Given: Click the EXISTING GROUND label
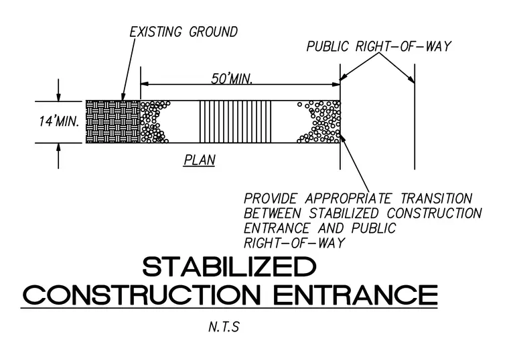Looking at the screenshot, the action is click(184, 32).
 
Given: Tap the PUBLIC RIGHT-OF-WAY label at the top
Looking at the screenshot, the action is click(379, 46).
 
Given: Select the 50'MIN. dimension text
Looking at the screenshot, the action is click(232, 79).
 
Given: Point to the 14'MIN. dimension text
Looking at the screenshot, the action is click(59, 121).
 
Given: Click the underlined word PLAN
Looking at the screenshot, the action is click(200, 160).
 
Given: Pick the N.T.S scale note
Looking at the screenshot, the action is click(224, 327).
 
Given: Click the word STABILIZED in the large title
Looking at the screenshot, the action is click(229, 266).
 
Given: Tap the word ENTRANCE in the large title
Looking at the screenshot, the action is click(356, 295).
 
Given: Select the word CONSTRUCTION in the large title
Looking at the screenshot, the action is click(142, 295).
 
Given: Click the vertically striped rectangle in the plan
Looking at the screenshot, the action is click(235, 121).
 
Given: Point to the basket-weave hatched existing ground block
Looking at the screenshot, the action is click(113, 121).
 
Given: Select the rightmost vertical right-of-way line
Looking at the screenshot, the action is click(415, 117).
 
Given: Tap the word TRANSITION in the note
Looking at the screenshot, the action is click(436, 199).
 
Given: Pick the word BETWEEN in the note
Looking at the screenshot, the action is click(273, 213).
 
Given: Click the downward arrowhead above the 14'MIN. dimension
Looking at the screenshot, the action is click(58, 97).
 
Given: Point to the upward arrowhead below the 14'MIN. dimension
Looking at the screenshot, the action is click(58, 148).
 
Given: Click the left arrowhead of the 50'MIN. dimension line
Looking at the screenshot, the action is click(145, 84).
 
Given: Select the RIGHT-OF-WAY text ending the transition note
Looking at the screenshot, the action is click(294, 243).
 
